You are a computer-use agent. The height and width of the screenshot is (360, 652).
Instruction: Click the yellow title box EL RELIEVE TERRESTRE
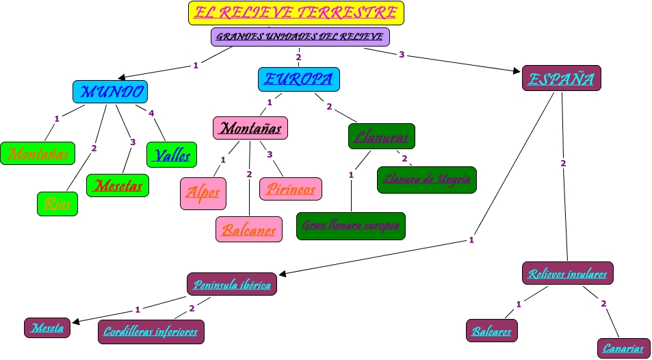[296, 13]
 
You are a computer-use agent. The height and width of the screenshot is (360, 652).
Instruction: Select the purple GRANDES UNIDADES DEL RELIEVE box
[300, 36]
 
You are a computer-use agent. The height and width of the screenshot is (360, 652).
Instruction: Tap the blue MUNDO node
[110, 92]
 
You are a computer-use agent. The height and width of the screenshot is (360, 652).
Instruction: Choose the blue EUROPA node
[298, 79]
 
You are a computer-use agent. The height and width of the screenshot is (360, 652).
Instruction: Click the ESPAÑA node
[561, 78]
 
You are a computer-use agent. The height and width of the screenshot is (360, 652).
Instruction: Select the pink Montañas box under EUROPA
[250, 128]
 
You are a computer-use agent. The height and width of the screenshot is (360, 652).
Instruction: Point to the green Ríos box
[57, 203]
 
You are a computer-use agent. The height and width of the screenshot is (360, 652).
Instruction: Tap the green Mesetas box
[118, 185]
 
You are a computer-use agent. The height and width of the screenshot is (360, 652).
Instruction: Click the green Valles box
[172, 155]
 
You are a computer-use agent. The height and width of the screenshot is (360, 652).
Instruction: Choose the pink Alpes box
[203, 193]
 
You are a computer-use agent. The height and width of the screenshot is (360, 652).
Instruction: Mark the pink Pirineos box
[291, 188]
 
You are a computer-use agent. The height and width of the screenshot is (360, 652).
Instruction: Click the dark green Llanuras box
[381, 136]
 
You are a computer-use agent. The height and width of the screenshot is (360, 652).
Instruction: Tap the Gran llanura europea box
[351, 226]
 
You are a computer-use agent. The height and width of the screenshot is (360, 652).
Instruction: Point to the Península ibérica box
[232, 284]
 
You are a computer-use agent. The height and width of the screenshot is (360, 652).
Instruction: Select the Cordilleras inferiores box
[151, 332]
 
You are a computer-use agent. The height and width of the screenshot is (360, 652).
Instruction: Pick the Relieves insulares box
[567, 274]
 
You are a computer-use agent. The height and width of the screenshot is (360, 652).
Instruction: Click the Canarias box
[623, 348]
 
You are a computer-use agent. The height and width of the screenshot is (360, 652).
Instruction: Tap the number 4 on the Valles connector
[152, 113]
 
